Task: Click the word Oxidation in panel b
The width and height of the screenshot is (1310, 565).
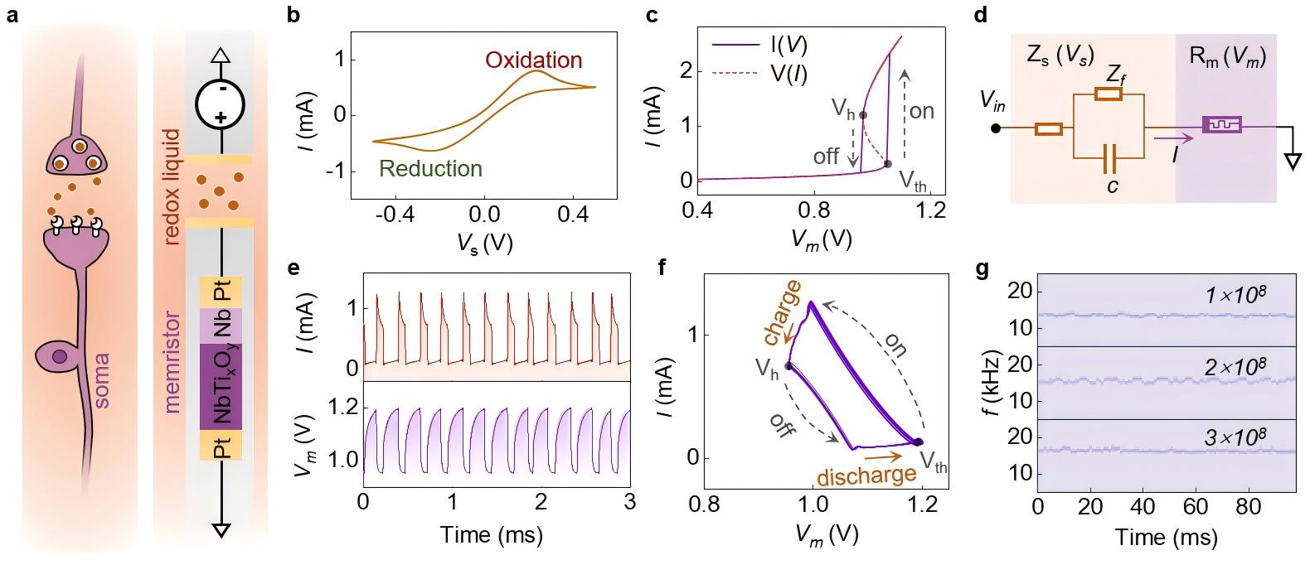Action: [x=533, y=60]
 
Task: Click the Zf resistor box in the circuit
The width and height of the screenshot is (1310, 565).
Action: [x=1109, y=95]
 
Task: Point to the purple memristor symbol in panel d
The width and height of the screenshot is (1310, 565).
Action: [x=1222, y=127]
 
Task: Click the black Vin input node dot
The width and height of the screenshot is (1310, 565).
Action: [x=996, y=128]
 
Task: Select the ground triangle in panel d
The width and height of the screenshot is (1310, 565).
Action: [x=1290, y=163]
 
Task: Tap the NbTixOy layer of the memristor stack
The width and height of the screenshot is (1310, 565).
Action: [x=221, y=386]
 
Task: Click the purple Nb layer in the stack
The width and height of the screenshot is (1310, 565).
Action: [x=221, y=325]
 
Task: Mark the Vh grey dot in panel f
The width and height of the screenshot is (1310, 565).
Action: [x=788, y=365]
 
